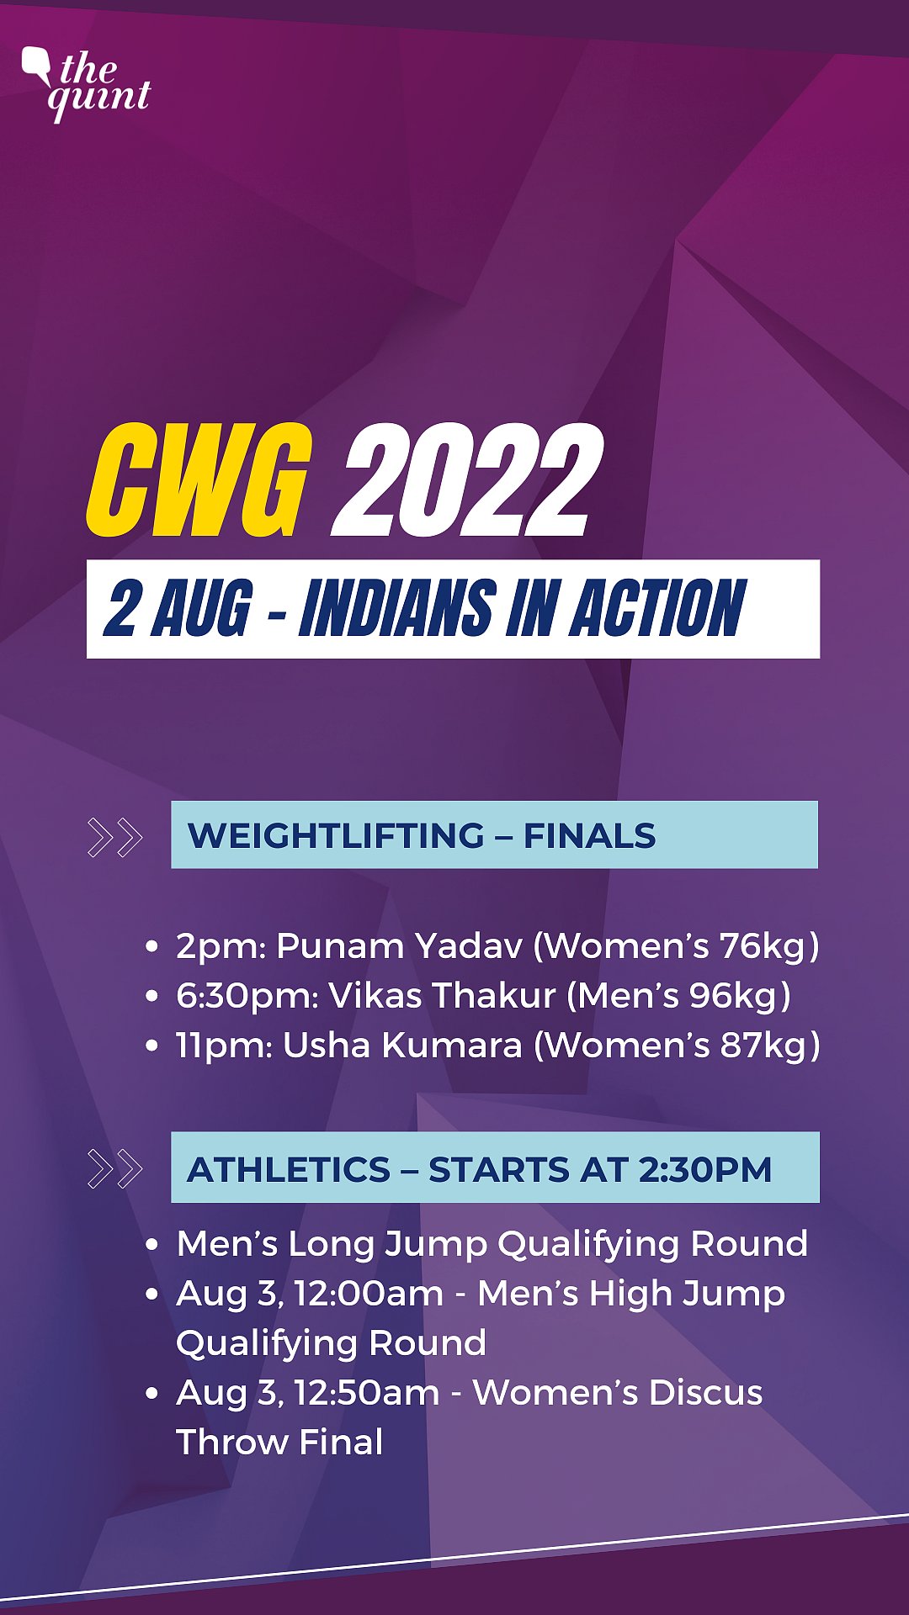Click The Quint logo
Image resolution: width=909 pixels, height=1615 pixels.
[87, 82]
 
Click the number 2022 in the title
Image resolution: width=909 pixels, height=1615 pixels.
[467, 480]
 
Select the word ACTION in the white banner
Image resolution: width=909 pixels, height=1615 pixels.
[657, 608]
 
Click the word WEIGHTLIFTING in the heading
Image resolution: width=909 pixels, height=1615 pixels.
[336, 836]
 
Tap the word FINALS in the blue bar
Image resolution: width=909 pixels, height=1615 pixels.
[589, 836]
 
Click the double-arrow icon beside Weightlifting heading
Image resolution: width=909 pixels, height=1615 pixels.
[114, 837]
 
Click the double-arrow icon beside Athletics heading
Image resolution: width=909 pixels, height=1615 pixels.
[114, 1169]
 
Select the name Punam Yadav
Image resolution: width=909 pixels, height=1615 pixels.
[399, 946]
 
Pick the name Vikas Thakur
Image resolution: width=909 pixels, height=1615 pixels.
[442, 996]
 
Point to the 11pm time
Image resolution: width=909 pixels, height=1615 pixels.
[223, 1046]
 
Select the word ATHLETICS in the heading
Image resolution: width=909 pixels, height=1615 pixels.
[289, 1170]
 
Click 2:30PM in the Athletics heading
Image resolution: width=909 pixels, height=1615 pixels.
[704, 1170]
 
